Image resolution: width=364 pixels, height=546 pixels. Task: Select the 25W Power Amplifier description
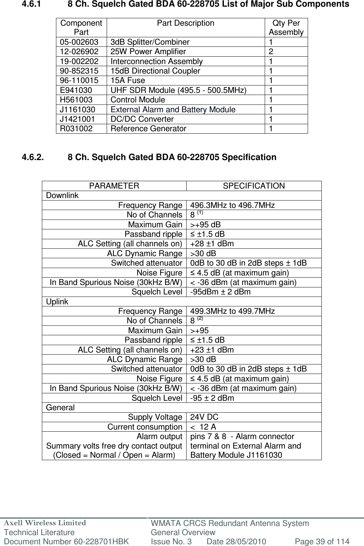tap(148, 52)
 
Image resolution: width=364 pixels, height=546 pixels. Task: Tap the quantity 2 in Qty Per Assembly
tap(271, 52)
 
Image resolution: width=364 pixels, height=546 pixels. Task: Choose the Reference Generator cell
tap(149, 128)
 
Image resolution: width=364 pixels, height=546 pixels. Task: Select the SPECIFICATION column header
tap(254, 186)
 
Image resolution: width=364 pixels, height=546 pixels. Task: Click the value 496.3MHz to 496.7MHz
tap(233, 205)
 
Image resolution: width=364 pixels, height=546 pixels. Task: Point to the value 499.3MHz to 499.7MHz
tap(233, 311)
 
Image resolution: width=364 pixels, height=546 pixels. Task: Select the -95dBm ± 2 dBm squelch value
tap(220, 292)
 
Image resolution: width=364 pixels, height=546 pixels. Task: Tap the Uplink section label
tap(57, 302)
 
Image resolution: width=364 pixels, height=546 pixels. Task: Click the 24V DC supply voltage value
tap(204, 417)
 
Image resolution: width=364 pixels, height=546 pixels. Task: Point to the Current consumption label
tap(145, 427)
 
